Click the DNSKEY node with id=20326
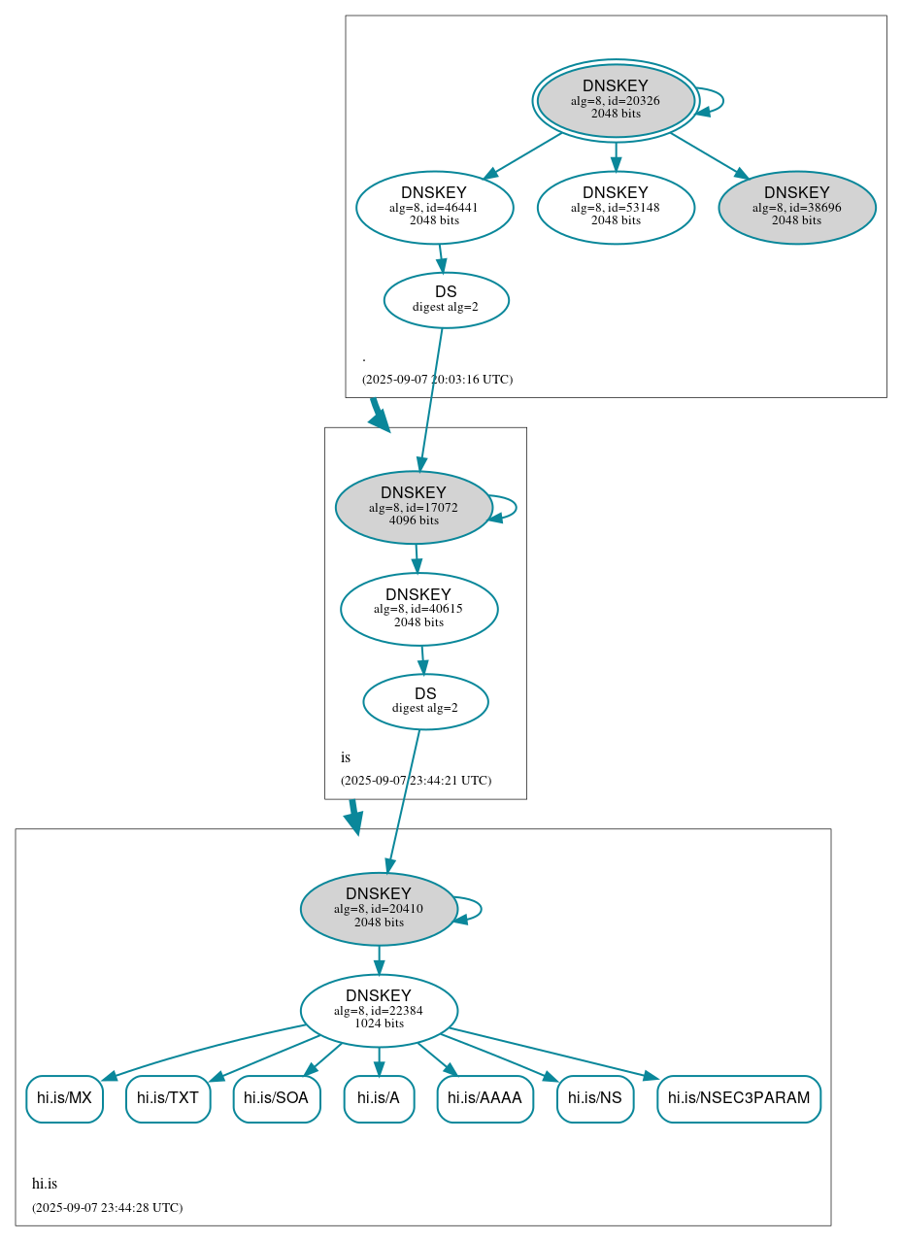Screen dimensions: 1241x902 616,100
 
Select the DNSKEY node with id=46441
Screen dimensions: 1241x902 434,207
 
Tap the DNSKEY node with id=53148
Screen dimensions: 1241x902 616,207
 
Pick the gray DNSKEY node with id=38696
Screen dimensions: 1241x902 796,207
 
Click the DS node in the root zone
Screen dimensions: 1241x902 446,300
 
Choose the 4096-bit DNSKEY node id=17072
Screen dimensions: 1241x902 414,507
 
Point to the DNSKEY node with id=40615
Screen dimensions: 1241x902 418,609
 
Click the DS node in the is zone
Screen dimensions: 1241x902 425,701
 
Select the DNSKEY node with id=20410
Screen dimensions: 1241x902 379,909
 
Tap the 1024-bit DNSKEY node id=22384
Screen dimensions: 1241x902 379,1011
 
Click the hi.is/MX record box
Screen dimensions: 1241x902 64,1098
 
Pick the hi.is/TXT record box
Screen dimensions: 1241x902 168,1098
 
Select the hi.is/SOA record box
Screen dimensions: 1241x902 277,1098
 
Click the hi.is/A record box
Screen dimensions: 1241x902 379,1098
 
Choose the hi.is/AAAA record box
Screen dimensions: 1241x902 484,1098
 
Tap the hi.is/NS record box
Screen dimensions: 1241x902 595,1098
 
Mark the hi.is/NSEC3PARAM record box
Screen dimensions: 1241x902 739,1098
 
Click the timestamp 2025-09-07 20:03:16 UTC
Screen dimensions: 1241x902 437,380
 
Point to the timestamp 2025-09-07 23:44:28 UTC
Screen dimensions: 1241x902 107,1208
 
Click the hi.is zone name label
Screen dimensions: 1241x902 45,1184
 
